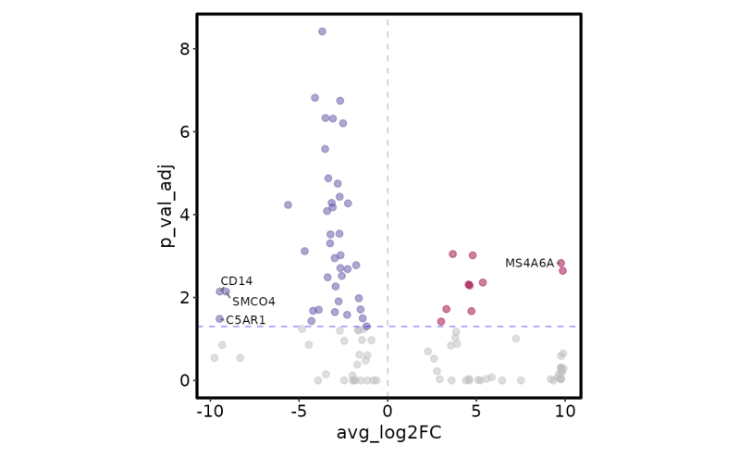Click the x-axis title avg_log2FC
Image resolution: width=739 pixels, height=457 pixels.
tap(388, 433)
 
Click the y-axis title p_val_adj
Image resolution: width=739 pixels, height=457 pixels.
tap(166, 205)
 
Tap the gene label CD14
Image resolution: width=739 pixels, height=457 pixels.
tap(236, 281)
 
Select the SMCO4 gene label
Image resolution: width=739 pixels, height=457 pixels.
tap(253, 302)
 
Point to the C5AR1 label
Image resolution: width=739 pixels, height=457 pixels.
tap(246, 320)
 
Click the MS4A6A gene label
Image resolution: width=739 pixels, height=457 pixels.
tap(529, 264)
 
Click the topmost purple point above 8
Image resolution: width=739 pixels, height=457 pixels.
tap(322, 31)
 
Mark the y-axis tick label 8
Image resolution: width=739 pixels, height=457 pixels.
tap(184, 49)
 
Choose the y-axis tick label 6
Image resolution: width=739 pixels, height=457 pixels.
tap(184, 131)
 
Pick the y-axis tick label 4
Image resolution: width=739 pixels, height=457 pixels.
tap(184, 215)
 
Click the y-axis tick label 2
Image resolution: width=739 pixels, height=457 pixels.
tap(184, 298)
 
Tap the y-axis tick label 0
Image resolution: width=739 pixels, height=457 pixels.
tap(184, 380)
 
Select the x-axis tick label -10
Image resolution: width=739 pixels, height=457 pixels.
tap(210, 411)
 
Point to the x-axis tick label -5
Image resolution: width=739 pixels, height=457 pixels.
tap(299, 411)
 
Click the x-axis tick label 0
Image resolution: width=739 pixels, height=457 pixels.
tap(388, 411)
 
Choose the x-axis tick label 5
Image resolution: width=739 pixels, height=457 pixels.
tap(476, 411)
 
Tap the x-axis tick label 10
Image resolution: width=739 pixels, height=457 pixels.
tap(564, 411)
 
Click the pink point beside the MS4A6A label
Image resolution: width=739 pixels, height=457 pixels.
tap(560, 264)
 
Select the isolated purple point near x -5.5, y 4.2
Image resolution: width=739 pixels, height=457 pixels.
tap(288, 204)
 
